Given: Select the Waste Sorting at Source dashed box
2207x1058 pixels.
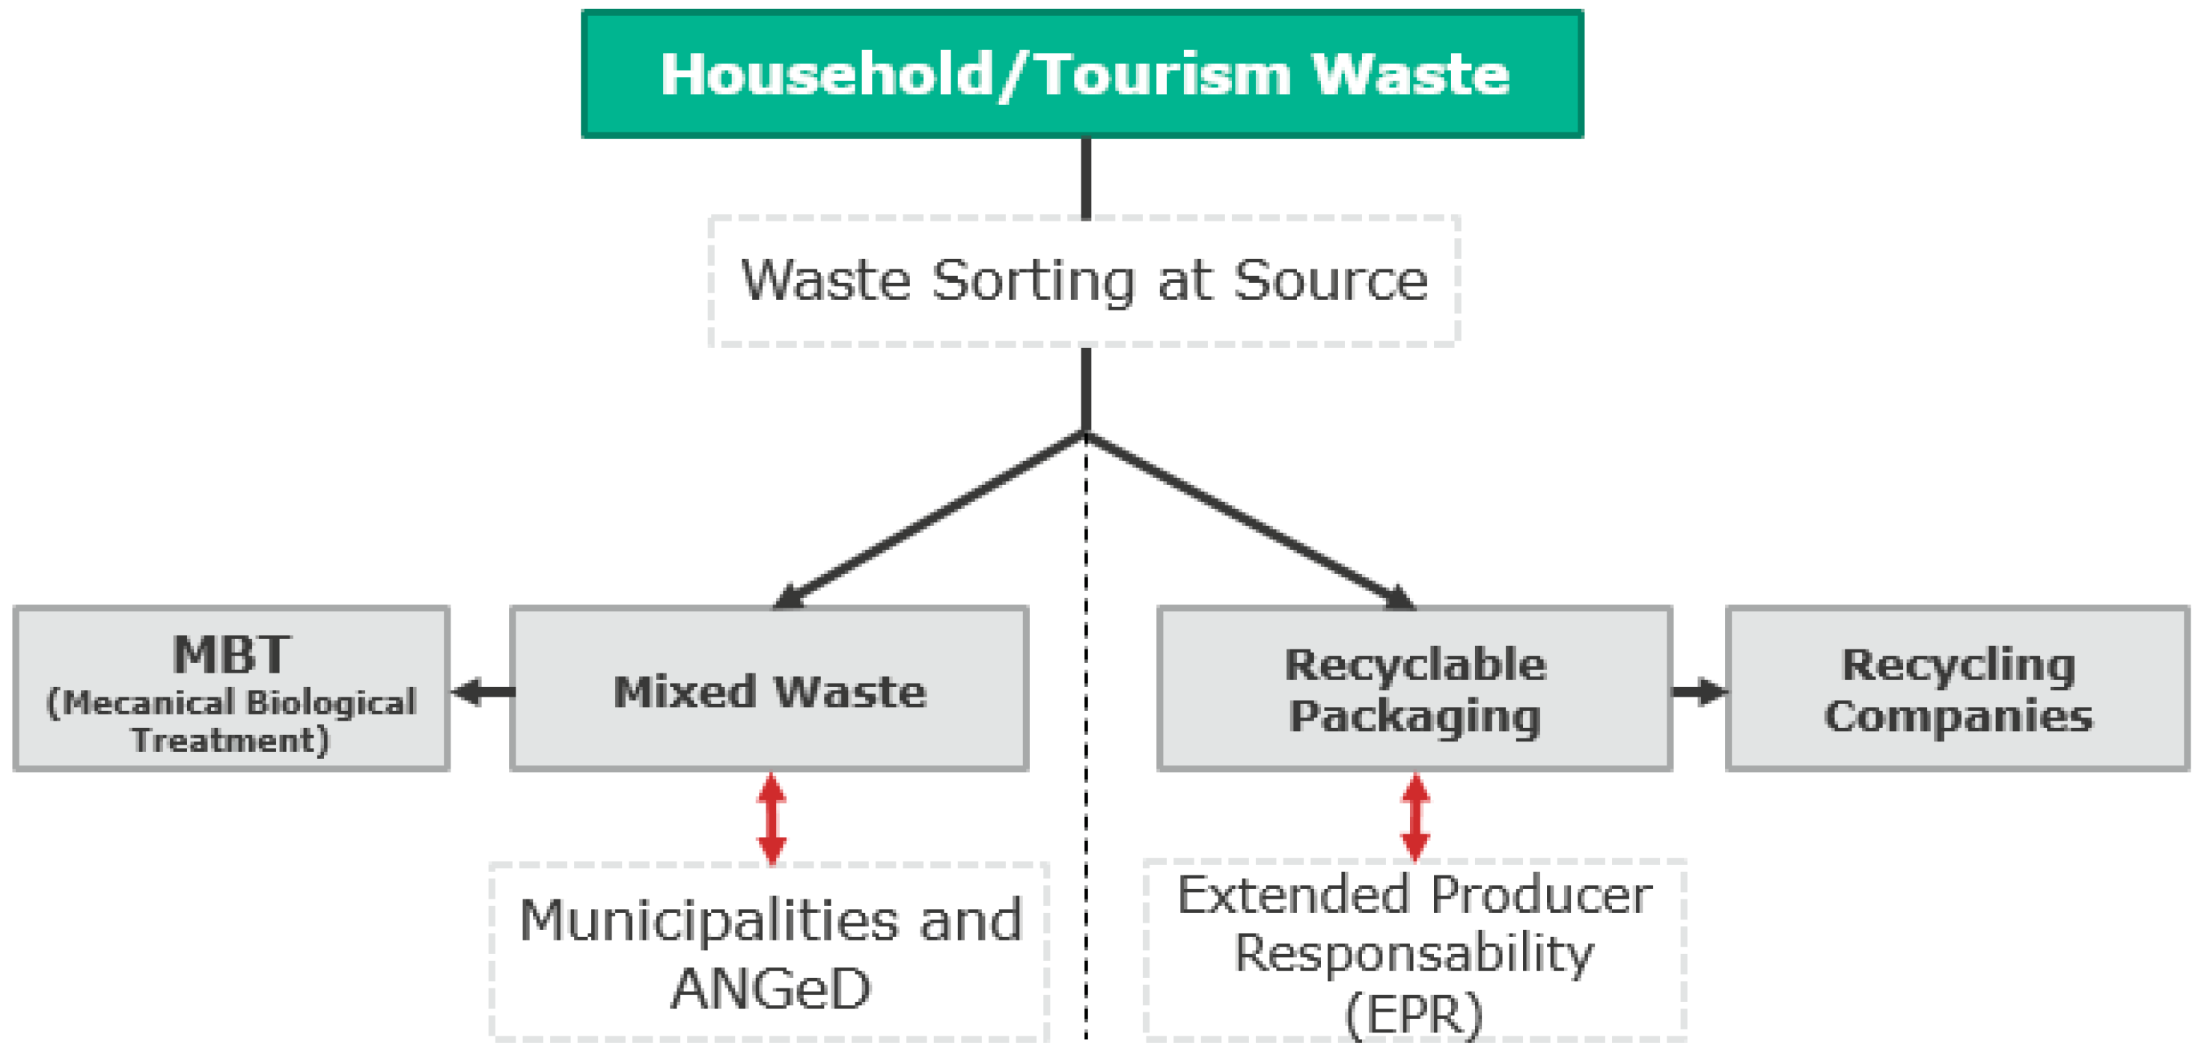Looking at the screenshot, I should [x=1084, y=281].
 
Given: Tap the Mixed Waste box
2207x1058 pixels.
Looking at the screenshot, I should [x=769, y=690].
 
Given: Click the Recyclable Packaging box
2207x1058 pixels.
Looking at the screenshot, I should [x=1414, y=690].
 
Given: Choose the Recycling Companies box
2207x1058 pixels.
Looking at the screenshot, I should [x=1958, y=690].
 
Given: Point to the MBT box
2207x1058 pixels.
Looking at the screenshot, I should [x=231, y=690].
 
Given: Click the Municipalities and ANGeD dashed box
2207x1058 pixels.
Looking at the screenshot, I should [x=769, y=952].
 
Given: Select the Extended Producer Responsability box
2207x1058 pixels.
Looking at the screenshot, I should [x=1414, y=952].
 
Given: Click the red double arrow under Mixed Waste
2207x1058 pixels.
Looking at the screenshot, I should [x=772, y=819].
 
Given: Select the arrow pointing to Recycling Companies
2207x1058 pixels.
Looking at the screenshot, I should [x=1698, y=691].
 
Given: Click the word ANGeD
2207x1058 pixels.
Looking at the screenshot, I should [x=770, y=989].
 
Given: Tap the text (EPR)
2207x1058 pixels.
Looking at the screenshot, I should [x=1414, y=1015].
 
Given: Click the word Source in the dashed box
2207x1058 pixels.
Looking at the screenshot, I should [x=1330, y=281].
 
